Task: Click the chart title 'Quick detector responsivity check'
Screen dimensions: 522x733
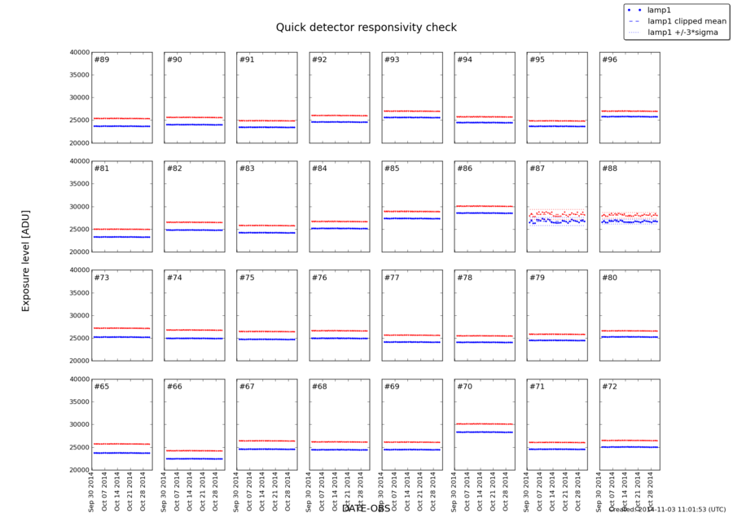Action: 366,28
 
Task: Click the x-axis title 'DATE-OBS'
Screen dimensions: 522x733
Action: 366,508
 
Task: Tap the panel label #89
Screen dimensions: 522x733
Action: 102,60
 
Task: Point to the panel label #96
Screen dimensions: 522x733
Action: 609,60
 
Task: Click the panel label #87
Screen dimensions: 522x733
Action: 537,169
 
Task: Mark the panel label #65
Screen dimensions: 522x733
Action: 102,386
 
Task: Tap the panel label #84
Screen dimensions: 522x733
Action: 319,169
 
